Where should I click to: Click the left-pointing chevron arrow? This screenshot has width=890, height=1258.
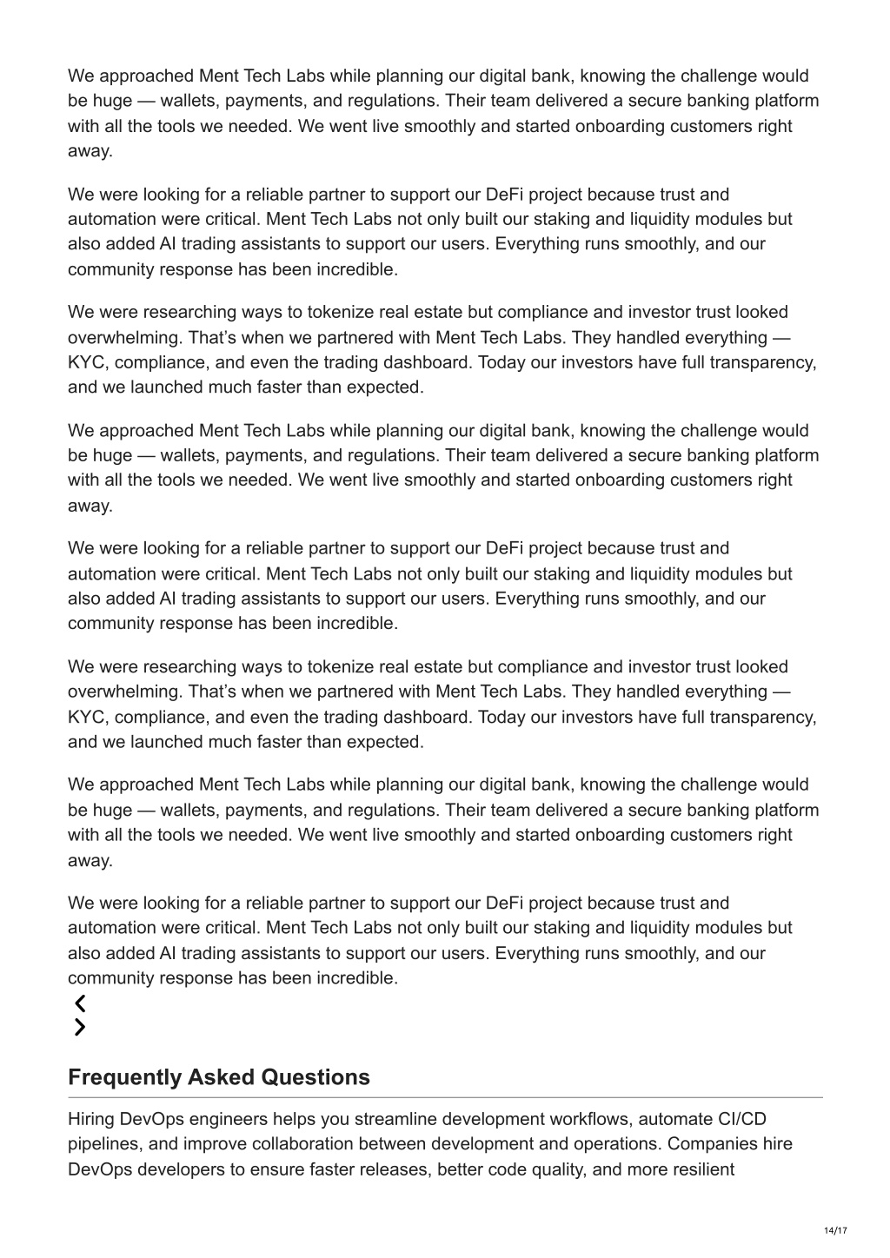(x=80, y=1003)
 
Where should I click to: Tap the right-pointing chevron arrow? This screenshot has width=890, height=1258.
(x=80, y=1028)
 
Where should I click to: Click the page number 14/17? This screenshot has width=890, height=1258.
(x=835, y=1230)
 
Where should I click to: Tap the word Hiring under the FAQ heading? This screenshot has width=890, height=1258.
(x=91, y=1119)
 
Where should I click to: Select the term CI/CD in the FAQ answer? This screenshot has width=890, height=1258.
(x=742, y=1119)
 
